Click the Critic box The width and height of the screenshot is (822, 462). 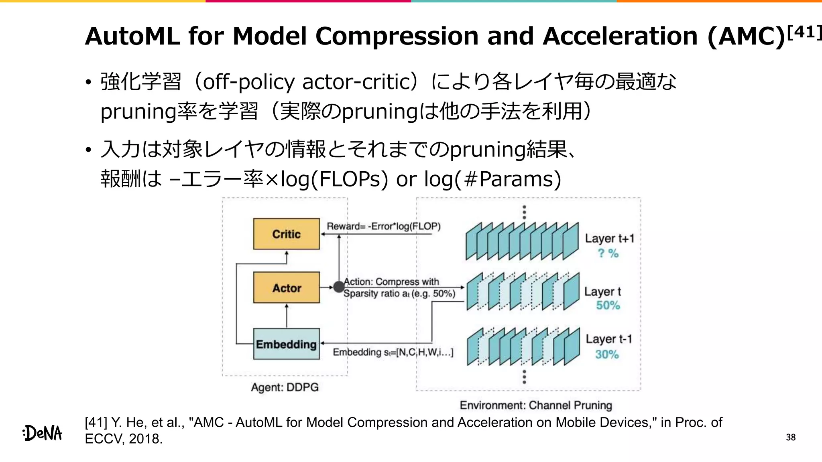point(286,234)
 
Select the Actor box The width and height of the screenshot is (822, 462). point(286,288)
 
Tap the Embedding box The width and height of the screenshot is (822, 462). point(286,344)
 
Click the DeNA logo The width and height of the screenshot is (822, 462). point(43,433)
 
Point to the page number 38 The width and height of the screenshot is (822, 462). point(790,437)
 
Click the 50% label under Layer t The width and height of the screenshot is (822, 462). point(608,305)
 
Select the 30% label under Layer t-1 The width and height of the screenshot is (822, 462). point(606,354)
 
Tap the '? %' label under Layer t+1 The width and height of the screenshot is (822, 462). point(608,253)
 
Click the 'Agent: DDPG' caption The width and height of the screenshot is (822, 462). point(285,387)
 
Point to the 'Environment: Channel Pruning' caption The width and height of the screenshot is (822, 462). point(535,405)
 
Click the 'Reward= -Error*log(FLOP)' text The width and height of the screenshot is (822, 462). point(383,226)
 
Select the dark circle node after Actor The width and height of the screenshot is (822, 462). point(339,287)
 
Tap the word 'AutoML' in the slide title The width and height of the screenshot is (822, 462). point(132,36)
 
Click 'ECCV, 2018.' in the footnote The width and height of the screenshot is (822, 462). point(124,439)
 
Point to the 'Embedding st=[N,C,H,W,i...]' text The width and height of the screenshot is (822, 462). point(393,352)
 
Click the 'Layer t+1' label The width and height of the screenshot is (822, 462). point(609,238)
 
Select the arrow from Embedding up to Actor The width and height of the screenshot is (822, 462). point(287,316)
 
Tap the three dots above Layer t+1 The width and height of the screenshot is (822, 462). point(524,212)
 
